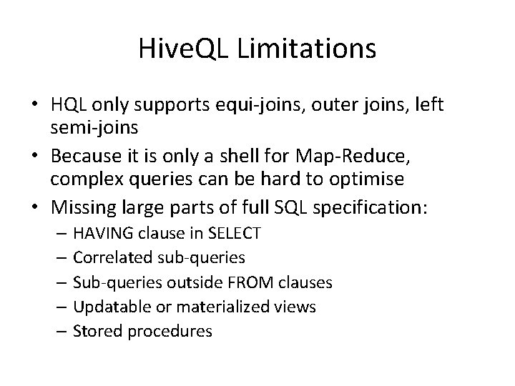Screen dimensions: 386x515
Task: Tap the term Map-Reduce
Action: [x=387, y=154]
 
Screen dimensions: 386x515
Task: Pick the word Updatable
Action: [x=106, y=307]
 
